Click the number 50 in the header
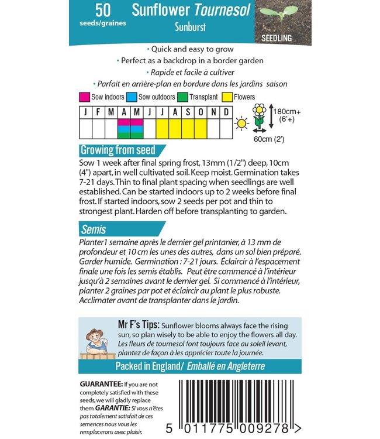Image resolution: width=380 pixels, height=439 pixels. (x=103, y=10)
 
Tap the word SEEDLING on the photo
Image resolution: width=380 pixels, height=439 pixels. (x=277, y=38)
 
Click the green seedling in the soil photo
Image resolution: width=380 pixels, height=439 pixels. (x=279, y=13)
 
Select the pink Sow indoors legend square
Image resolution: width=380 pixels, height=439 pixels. (x=84, y=97)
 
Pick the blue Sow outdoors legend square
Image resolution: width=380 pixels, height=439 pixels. (x=132, y=97)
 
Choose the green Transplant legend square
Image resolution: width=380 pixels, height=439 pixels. (x=182, y=97)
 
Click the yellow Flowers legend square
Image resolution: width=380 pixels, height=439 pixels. (x=227, y=97)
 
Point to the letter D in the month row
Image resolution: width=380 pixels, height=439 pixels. (x=226, y=112)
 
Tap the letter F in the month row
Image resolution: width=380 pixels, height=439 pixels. (x=98, y=112)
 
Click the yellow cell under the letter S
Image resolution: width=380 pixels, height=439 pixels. (x=188, y=129)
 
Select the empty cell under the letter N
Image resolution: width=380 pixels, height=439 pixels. (x=213, y=129)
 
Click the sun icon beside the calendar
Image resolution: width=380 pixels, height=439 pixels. (x=241, y=124)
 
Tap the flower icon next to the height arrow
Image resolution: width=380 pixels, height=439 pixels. (x=259, y=116)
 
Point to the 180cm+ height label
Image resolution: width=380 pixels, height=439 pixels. (x=287, y=112)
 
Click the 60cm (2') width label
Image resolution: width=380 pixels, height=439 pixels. (x=269, y=139)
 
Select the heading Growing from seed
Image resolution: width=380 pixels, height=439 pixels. (x=118, y=150)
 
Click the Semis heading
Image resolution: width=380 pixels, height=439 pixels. (x=94, y=229)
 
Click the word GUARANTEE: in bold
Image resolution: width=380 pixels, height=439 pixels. (x=101, y=384)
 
